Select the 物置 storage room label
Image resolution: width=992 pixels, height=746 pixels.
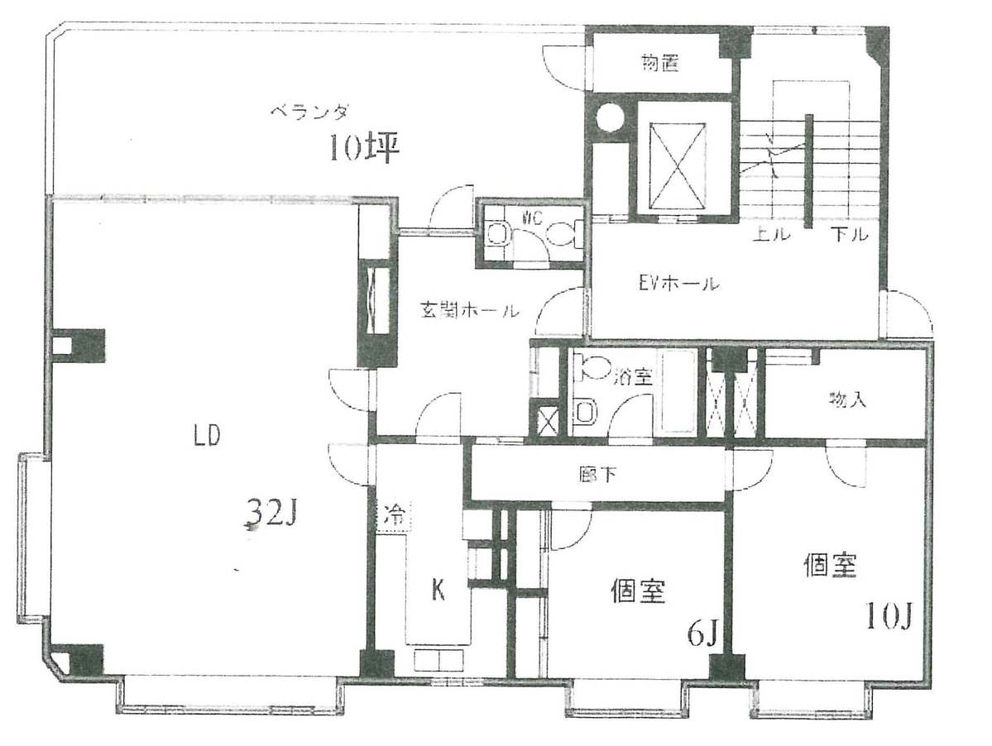tap(660, 64)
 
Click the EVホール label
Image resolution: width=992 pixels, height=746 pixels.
tap(678, 285)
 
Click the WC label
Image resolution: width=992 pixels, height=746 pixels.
tap(532, 218)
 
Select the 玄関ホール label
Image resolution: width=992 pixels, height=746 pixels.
tap(468, 311)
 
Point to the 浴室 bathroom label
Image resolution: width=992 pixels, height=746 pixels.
tap(635, 378)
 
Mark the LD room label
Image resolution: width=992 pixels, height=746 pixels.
tap(207, 437)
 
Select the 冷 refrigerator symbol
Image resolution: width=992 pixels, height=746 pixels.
tap(394, 517)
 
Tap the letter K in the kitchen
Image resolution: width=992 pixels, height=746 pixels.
tap(439, 591)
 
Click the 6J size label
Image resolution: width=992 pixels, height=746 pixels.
tap(702, 634)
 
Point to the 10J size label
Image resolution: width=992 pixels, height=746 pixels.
tap(889, 614)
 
